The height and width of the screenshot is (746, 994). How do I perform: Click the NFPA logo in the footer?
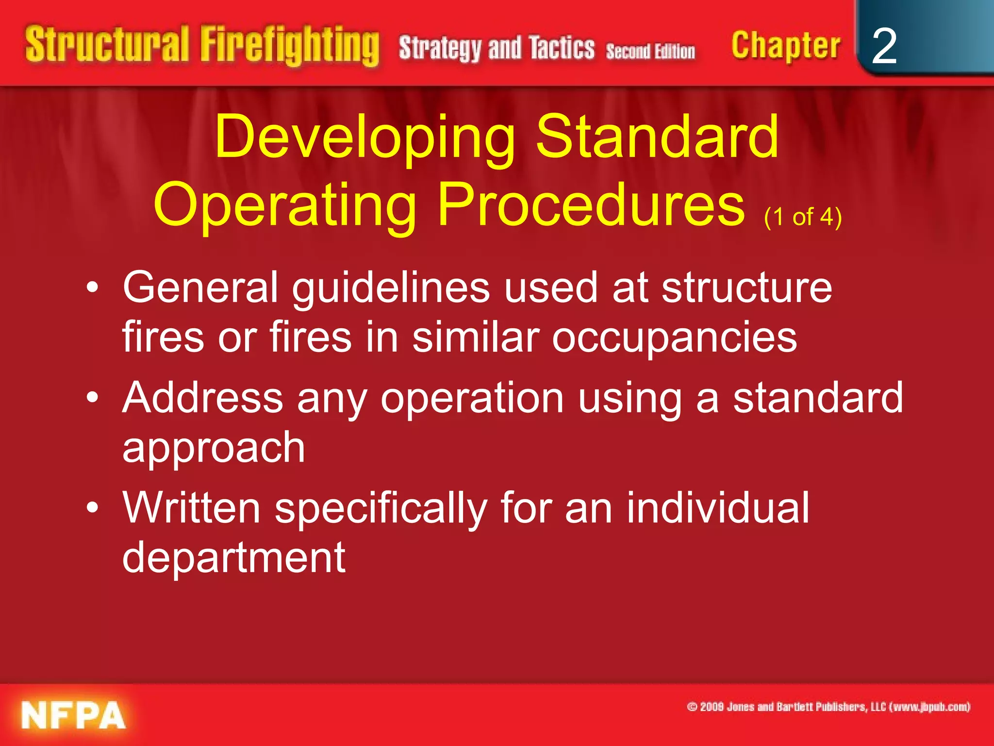(73, 715)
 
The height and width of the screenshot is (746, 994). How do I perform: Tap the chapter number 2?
(884, 46)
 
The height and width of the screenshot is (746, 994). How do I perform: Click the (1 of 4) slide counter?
(803, 217)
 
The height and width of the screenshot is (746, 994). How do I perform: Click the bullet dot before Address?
(92, 397)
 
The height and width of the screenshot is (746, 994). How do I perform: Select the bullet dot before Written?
(92, 508)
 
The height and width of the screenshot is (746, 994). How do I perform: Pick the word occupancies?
(674, 338)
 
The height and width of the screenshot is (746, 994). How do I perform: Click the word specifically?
(381, 509)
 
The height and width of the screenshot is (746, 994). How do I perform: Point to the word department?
(234, 558)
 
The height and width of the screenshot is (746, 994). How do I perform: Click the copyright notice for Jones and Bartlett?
(828, 707)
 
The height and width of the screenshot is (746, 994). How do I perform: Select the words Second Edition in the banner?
(650, 51)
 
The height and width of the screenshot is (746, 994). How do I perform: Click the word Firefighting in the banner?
(290, 46)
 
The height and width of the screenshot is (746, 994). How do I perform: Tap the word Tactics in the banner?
(562, 48)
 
